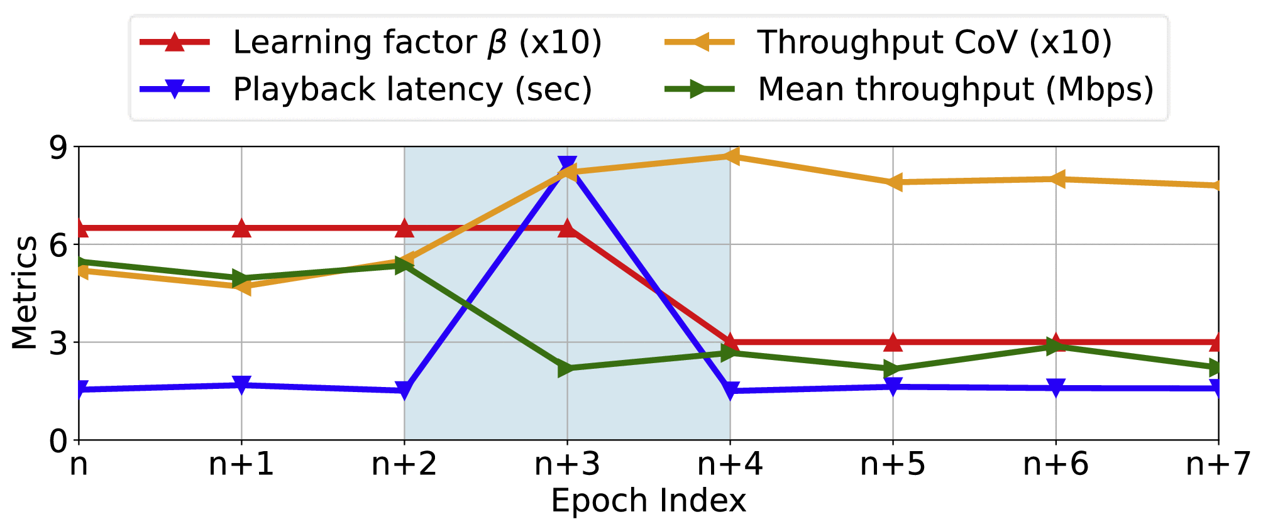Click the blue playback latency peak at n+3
(567, 165)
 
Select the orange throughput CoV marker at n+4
(729, 156)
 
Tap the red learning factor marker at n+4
(730, 342)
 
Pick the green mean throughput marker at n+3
(567, 369)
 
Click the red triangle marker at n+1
(241, 228)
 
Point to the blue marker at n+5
(893, 386)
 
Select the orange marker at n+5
(893, 182)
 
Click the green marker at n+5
(893, 369)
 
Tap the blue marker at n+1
(241, 384)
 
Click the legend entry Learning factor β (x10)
(417, 43)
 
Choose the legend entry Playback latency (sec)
(412, 89)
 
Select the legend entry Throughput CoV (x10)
(934, 43)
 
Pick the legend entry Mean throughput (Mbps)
(956, 89)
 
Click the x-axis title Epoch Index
(648, 501)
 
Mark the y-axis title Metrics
(25, 292)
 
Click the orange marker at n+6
(1056, 179)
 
